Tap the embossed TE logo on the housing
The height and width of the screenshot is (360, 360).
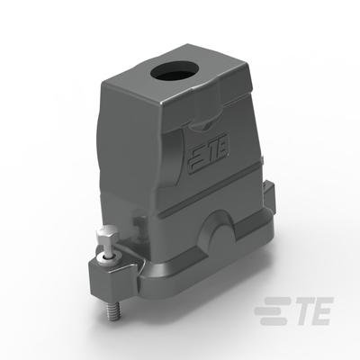tap(209, 152)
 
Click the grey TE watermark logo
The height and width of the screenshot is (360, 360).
tap(294, 311)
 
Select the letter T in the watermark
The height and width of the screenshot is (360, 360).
tap(301, 311)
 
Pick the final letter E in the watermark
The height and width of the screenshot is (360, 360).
tap(321, 311)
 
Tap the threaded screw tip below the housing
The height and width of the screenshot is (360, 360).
tap(112, 310)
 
